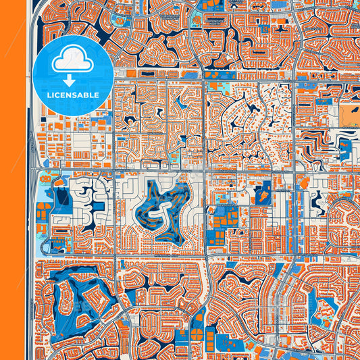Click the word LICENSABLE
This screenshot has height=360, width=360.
[x=72, y=95]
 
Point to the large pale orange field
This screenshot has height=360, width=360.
[x=350, y=115]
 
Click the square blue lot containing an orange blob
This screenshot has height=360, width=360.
[x=263, y=194]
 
